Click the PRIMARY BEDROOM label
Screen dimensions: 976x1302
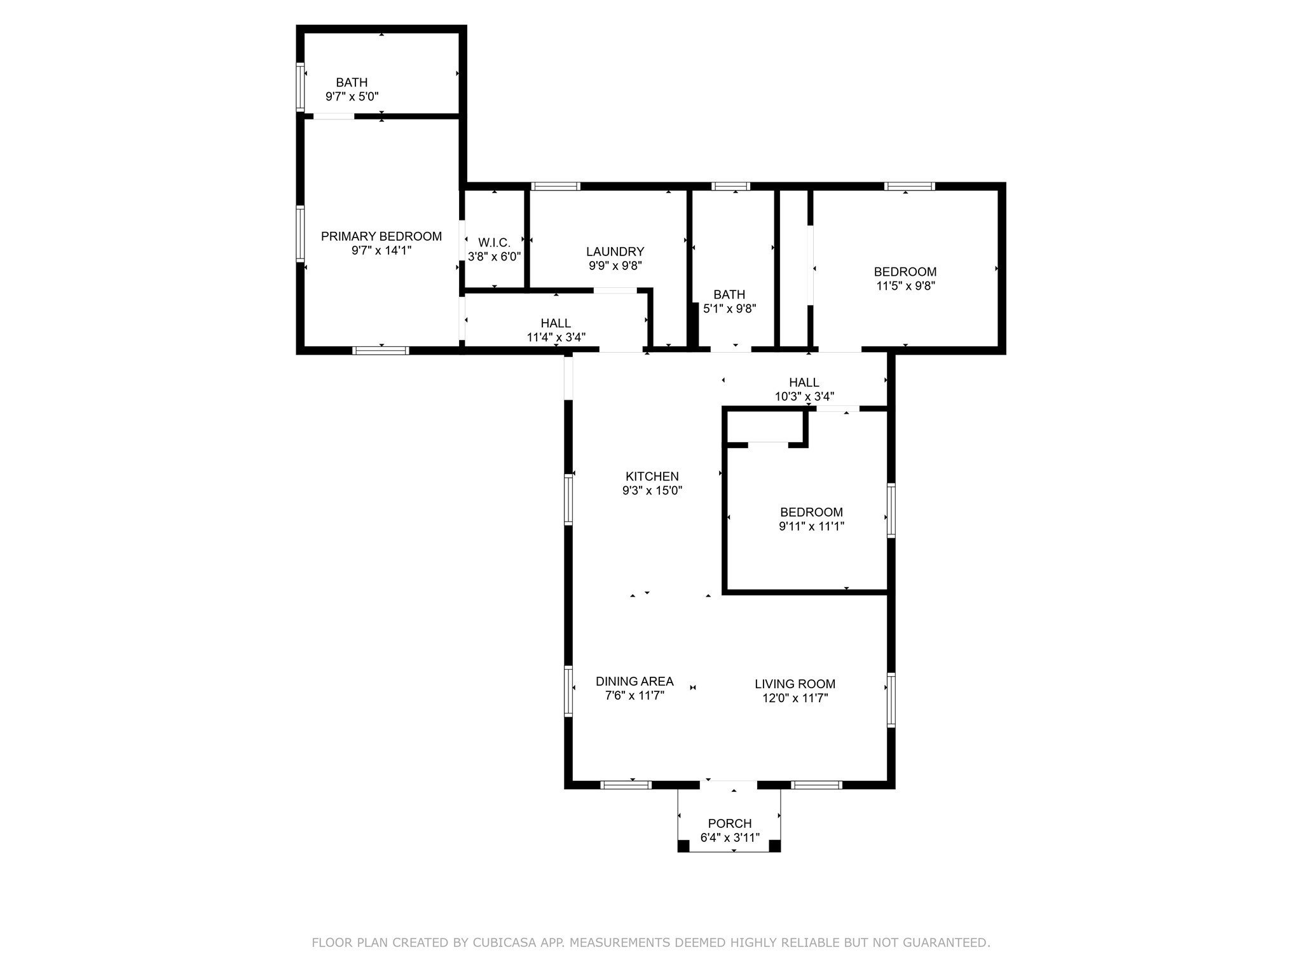(381, 236)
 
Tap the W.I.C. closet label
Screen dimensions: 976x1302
(494, 243)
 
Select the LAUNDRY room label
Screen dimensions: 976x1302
(615, 252)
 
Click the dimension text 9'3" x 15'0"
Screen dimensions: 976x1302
(652, 491)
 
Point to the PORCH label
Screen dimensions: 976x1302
(730, 823)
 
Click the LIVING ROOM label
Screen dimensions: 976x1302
(795, 684)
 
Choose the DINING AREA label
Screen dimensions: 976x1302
(634, 682)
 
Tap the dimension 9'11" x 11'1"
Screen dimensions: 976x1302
(811, 526)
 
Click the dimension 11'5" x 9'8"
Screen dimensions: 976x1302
(905, 286)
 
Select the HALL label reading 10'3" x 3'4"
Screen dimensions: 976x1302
(804, 383)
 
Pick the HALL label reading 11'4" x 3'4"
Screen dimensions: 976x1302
(556, 323)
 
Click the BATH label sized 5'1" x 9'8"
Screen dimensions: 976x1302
(729, 295)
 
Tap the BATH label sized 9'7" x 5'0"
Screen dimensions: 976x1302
(352, 83)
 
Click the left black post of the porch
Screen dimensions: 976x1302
(683, 846)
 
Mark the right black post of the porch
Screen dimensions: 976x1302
(774, 846)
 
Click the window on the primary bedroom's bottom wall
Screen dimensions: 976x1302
(381, 350)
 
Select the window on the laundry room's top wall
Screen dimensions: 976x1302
(556, 186)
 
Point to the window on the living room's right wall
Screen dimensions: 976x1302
(891, 700)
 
